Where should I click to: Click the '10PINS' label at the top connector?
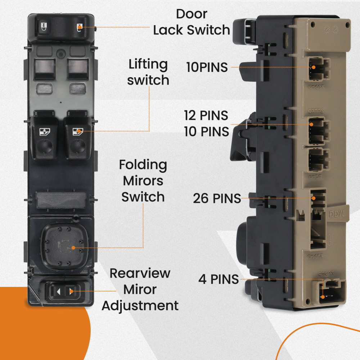coord(207,67)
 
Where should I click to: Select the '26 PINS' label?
coord(217,198)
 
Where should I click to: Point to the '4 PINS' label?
coord(219,279)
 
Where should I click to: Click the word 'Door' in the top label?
coord(192,14)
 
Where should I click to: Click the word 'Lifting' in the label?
coord(148,64)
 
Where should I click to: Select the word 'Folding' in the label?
coord(143,165)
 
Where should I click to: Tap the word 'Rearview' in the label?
coord(140,273)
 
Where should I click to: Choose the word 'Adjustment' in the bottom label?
coord(140,306)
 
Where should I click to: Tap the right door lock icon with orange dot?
coord(81,27)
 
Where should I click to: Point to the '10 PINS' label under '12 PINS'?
coord(207,132)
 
